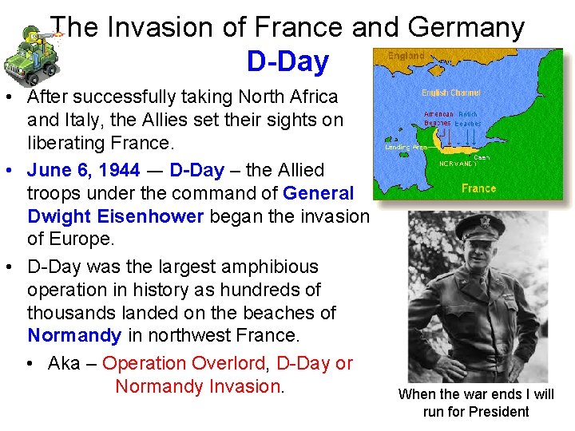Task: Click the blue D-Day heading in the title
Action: click(x=287, y=61)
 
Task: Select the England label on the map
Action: click(x=406, y=56)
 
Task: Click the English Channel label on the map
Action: click(x=451, y=93)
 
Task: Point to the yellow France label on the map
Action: click(x=478, y=188)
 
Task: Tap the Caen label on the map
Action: click(x=482, y=157)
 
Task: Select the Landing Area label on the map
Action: click(x=404, y=147)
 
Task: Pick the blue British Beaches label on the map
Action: click(x=468, y=119)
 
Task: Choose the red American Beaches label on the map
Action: click(x=438, y=119)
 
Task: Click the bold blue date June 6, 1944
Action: click(x=84, y=170)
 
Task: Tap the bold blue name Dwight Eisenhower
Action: click(x=116, y=217)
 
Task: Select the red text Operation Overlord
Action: click(x=184, y=363)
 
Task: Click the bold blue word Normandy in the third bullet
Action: click(x=74, y=335)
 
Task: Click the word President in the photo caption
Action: click(x=498, y=412)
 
